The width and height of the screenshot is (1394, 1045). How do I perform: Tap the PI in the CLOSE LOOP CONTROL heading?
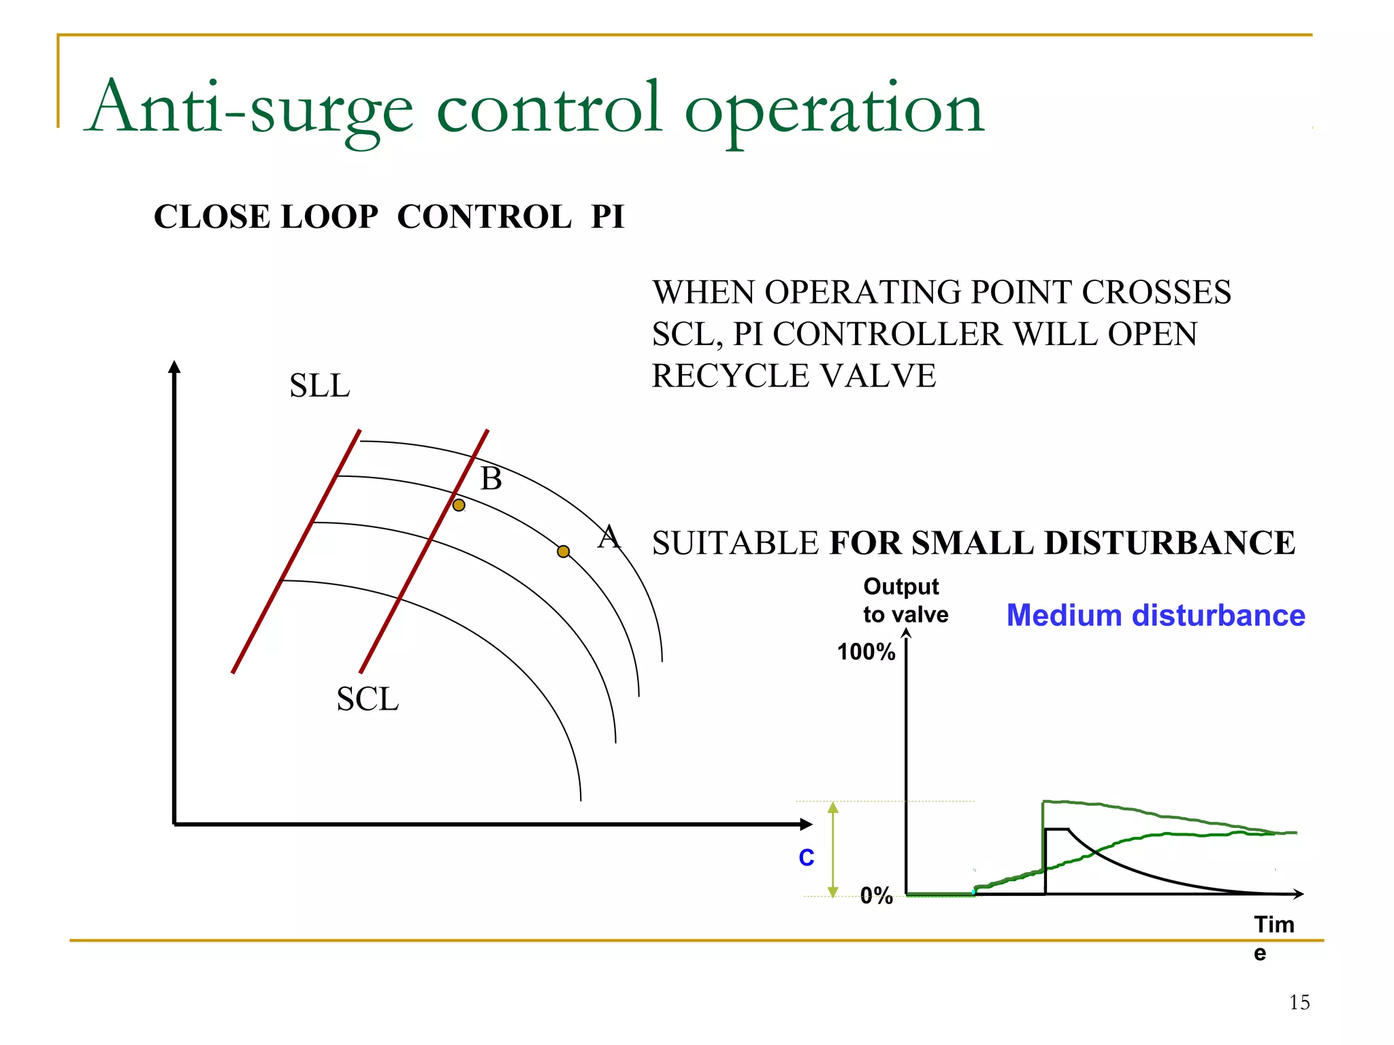point(607,217)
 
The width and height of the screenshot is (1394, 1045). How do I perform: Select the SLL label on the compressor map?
point(319,386)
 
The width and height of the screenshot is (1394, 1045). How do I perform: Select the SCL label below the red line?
point(368,699)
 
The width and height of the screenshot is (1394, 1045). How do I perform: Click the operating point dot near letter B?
point(459,505)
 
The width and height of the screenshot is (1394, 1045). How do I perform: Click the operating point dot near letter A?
point(563,551)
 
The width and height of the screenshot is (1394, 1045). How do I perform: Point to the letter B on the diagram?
point(491,479)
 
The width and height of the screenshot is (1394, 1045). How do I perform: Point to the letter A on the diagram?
point(609,537)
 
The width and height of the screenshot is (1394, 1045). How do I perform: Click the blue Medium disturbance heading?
point(1155,615)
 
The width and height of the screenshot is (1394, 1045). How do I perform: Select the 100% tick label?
point(865,652)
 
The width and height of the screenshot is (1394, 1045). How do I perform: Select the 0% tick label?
point(876,895)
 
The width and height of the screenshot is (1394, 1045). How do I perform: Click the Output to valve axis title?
point(905,600)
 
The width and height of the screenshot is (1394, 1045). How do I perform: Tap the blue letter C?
point(806,857)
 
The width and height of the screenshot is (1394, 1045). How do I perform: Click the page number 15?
point(1299,1002)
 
